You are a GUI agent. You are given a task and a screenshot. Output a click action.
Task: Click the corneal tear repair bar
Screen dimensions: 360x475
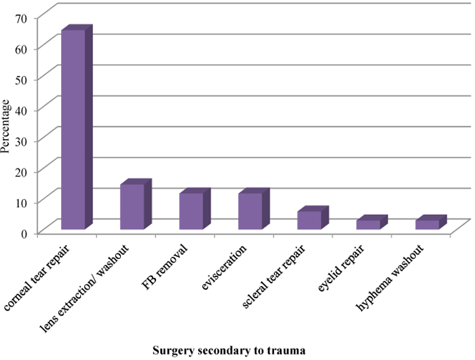click(73, 129)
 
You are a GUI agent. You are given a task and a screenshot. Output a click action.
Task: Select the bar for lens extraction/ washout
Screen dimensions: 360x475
click(132, 206)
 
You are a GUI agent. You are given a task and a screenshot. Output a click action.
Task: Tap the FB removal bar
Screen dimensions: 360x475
click(191, 211)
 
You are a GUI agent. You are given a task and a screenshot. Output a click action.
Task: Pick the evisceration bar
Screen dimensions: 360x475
click(250, 211)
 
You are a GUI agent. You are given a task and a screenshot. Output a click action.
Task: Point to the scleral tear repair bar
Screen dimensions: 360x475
click(309, 220)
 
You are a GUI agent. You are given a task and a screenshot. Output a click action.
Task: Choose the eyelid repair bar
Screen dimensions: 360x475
click(368, 224)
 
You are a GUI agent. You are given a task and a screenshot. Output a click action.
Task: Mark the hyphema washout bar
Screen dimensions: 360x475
click(427, 224)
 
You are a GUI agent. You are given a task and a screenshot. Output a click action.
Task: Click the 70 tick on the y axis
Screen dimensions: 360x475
click(26, 18)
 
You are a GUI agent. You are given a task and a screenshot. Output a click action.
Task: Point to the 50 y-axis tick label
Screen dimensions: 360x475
click(26, 79)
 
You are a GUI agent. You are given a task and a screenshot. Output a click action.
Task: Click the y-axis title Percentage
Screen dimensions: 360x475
click(7, 126)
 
